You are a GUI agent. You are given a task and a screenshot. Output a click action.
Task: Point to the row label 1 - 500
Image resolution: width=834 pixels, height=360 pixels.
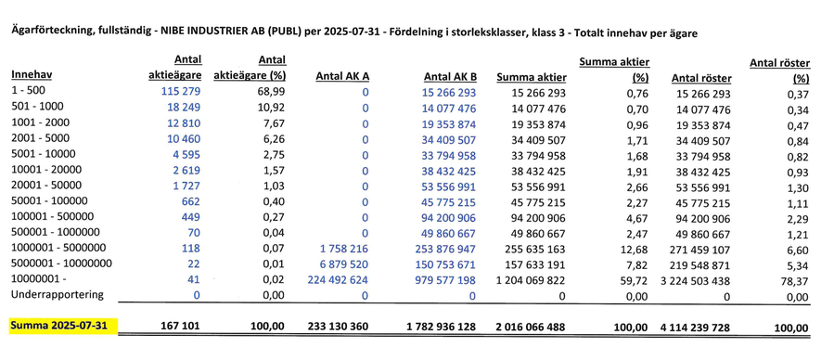tap(29, 94)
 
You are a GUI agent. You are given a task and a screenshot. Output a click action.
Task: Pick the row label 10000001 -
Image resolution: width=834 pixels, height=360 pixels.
tap(41, 279)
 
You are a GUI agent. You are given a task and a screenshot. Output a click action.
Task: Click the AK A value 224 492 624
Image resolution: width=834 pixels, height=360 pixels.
tap(336, 279)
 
